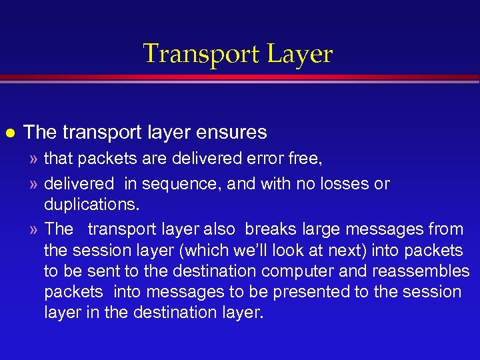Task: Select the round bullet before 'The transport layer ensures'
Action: (11, 132)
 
